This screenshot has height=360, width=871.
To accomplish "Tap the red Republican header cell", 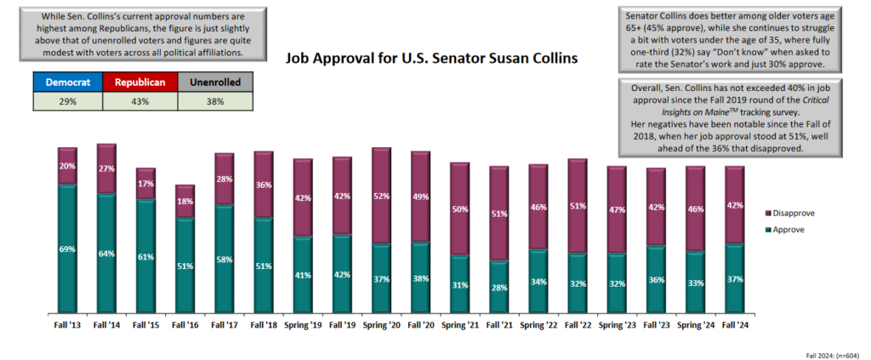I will coord(139,83).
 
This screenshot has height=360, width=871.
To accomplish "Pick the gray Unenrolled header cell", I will coord(215,83).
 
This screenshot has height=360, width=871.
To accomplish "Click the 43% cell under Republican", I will coord(139,101).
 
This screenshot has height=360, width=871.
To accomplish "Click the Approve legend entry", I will coord(783,230).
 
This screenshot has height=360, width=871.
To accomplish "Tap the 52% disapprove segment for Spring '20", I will coord(381,197).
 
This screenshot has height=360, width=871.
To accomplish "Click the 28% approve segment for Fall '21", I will coord(498,287).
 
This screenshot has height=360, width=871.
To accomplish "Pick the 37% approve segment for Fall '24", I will coord(734,278).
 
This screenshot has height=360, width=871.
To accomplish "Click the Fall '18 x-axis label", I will coord(264,324).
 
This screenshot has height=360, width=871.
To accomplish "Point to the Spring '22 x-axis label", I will coord(538,324).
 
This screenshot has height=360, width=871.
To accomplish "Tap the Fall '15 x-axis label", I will coord(146,324).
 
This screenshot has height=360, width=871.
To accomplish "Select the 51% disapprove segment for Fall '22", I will coord(578,206).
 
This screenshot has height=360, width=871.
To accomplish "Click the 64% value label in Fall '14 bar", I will coord(107,253).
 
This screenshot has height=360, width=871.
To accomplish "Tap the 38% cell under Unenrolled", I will coord(215,101).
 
